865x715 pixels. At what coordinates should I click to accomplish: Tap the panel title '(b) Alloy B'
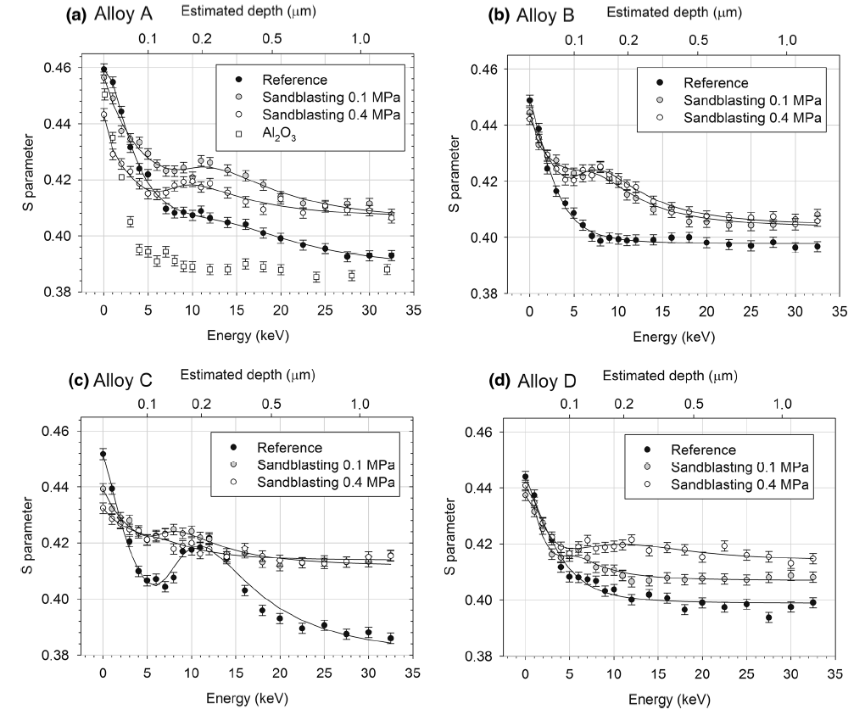pyautogui.click(x=485, y=14)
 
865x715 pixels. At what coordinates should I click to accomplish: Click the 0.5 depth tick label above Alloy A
pyautogui.click(x=271, y=40)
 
